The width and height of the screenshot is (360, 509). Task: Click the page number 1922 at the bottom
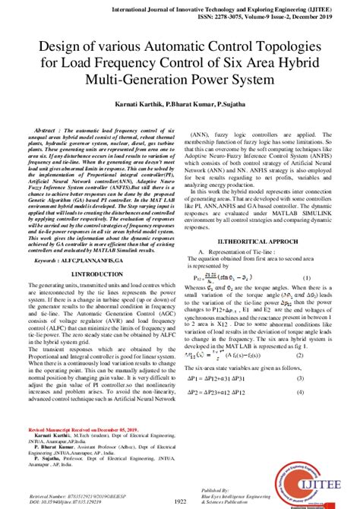pos(180,501)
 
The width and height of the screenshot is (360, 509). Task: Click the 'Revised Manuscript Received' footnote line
pos(71,428)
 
